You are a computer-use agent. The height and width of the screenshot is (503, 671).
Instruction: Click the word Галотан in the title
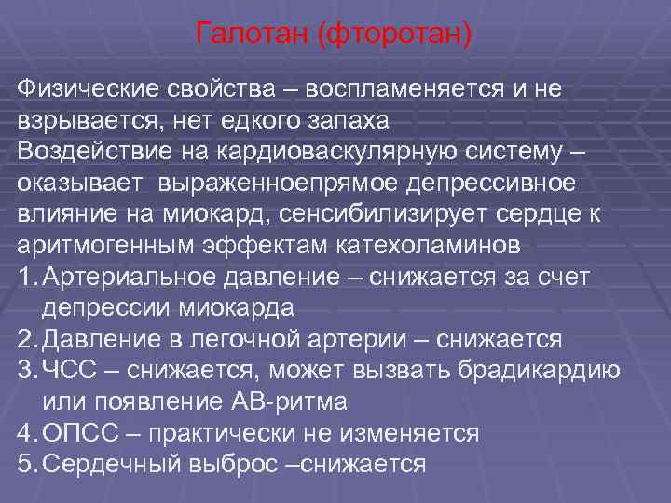(253, 35)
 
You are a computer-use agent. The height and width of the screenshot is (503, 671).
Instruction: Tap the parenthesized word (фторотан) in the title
(395, 35)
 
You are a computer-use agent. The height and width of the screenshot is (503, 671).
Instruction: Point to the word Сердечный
(109, 464)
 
